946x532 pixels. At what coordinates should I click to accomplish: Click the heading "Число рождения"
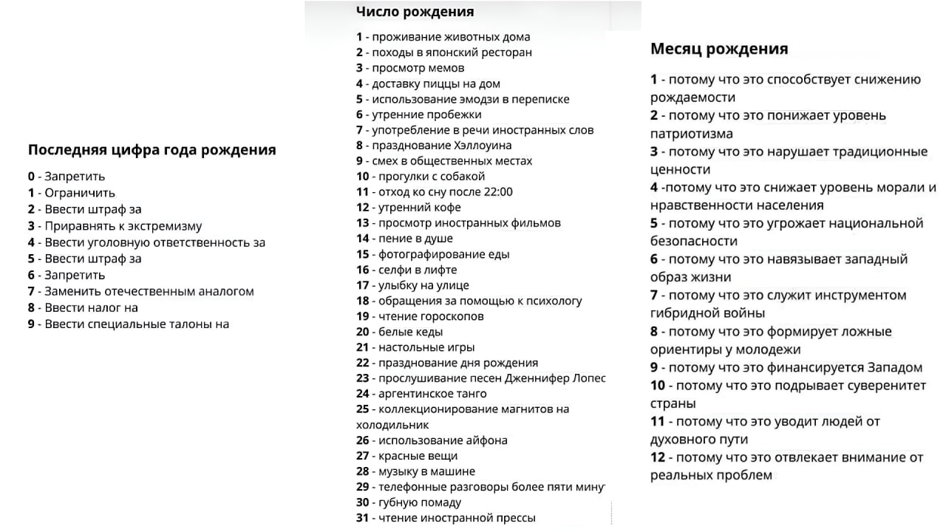pos(415,12)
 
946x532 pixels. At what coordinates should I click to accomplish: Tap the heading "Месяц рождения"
pos(718,49)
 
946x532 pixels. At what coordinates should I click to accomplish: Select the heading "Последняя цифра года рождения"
pos(152,150)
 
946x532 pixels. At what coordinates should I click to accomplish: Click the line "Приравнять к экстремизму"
pos(123,226)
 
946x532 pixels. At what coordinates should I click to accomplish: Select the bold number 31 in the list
pos(362,518)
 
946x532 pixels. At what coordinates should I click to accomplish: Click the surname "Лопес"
pos(588,378)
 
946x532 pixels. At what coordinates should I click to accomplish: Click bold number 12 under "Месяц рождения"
pos(658,457)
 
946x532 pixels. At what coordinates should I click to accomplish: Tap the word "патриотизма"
pos(692,134)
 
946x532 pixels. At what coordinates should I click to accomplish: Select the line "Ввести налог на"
pos(91,308)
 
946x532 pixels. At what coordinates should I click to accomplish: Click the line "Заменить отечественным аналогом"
pos(149,291)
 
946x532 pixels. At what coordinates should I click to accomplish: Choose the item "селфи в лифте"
pos(417,270)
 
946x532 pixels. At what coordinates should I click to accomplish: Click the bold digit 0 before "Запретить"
pos(32,177)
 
